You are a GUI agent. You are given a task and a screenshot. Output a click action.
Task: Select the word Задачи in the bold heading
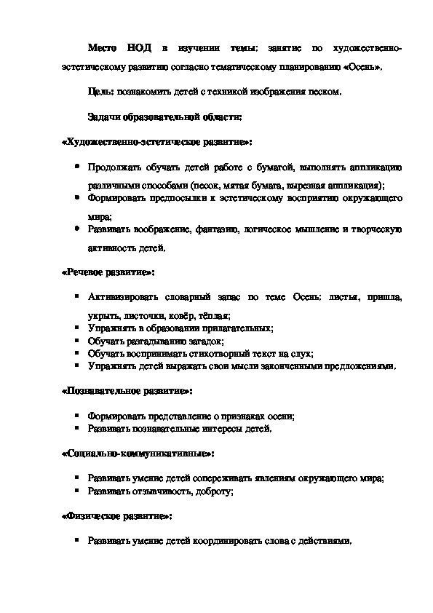pos(105,116)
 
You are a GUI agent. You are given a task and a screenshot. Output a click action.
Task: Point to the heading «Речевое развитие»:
pos(106,272)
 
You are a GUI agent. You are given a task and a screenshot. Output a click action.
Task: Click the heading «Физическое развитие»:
pos(116,515)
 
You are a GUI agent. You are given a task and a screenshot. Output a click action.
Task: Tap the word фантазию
pos(215,229)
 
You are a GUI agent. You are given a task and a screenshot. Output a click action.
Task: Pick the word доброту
pos(210,491)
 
